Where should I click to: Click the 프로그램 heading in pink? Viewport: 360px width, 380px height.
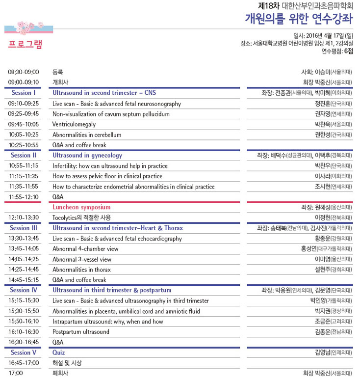click(x=26, y=44)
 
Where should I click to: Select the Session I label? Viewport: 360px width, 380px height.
click(x=24, y=93)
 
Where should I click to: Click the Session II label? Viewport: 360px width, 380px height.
click(x=24, y=155)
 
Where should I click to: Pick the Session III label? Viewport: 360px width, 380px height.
click(x=24, y=228)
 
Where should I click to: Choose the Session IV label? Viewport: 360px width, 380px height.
click(x=24, y=290)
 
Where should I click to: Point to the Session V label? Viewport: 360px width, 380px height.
click(x=24, y=353)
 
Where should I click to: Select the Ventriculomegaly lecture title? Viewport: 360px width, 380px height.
click(x=74, y=124)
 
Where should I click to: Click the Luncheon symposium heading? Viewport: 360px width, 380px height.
click(x=81, y=207)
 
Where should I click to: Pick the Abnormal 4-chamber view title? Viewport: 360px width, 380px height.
click(x=85, y=249)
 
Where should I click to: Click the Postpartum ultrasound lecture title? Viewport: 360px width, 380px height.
click(x=81, y=332)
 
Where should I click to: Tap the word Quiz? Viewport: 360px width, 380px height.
click(x=58, y=353)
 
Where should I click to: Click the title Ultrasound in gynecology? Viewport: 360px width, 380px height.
click(x=87, y=155)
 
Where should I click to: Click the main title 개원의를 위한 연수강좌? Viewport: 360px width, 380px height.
click(x=299, y=19)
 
